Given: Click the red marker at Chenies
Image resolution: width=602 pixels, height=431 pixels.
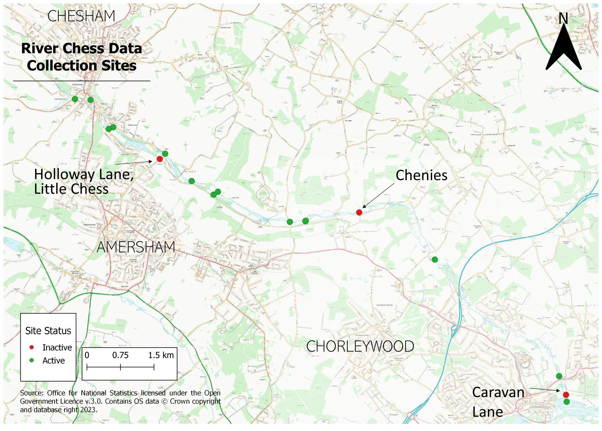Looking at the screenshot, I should (x=359, y=212).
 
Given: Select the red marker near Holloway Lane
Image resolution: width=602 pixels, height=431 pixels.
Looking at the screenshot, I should (x=160, y=159).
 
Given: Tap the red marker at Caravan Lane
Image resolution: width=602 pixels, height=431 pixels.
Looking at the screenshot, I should (x=566, y=395).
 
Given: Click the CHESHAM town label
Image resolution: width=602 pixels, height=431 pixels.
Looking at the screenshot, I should (x=81, y=16).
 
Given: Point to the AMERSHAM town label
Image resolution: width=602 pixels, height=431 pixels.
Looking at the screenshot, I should (x=136, y=247).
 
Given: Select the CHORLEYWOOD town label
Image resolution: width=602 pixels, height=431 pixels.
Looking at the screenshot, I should (x=360, y=346).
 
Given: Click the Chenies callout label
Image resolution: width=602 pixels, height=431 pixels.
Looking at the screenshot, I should (x=422, y=175).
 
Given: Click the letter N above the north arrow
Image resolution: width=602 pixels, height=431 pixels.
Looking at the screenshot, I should (x=563, y=19).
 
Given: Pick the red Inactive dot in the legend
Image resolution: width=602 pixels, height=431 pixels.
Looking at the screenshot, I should (x=32, y=347).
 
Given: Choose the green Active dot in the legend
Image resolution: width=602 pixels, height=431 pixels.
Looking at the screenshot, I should (x=32, y=360).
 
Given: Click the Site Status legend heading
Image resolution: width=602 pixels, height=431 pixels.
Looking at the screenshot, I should (x=48, y=331).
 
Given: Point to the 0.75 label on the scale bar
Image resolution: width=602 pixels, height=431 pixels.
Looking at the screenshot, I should (x=120, y=355).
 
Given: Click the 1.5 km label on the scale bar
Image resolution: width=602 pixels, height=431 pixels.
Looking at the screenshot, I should (x=161, y=355).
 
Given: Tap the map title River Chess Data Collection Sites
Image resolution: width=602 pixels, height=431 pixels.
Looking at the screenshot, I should (x=82, y=57).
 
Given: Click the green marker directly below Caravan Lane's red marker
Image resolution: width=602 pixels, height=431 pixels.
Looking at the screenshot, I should (x=567, y=402).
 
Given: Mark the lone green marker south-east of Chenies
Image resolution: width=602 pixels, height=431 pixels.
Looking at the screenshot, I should (x=435, y=259).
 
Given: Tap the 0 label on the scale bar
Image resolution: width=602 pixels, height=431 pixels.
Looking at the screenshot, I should (x=87, y=355).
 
